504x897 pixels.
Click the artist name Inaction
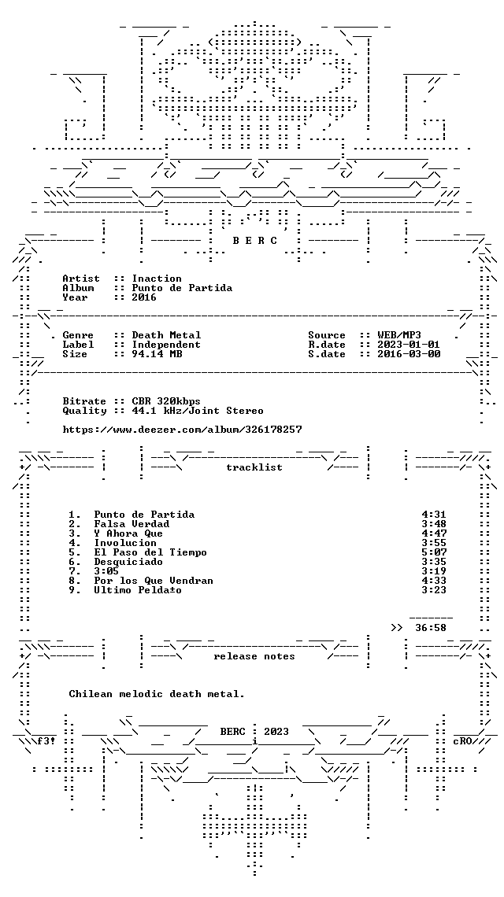(157, 279)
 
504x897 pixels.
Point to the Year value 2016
(144, 297)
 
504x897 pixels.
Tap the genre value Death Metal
(167, 335)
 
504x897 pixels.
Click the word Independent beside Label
(167, 345)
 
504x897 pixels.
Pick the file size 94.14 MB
(157, 354)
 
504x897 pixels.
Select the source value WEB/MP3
(400, 335)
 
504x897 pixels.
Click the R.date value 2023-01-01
(409, 345)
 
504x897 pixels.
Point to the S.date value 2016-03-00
(409, 354)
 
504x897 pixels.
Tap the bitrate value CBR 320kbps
(167, 401)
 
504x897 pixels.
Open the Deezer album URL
(182, 430)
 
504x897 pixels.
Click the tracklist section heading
(254, 467)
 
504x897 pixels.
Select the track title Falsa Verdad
(132, 524)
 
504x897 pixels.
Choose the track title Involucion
(125, 543)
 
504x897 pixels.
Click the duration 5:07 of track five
(434, 552)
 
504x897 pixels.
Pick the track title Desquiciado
(129, 562)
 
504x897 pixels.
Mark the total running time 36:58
(431, 628)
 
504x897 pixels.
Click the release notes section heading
(254, 656)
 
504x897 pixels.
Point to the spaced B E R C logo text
(255, 241)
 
